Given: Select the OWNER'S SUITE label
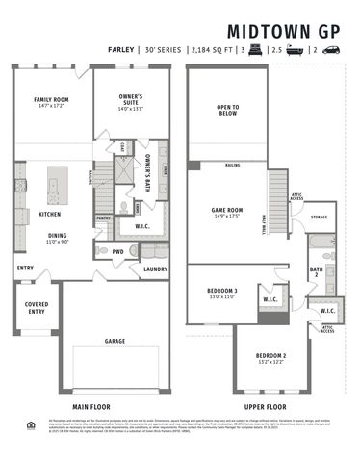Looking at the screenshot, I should click(131, 99).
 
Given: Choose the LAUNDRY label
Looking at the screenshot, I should click(155, 269).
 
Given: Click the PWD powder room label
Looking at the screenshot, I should click(118, 252).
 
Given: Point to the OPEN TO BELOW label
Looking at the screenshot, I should click(227, 109).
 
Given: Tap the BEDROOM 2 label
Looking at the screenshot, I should click(270, 357).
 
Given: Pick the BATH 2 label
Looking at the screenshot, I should click(316, 272).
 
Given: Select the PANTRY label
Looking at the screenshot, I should click(104, 218).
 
